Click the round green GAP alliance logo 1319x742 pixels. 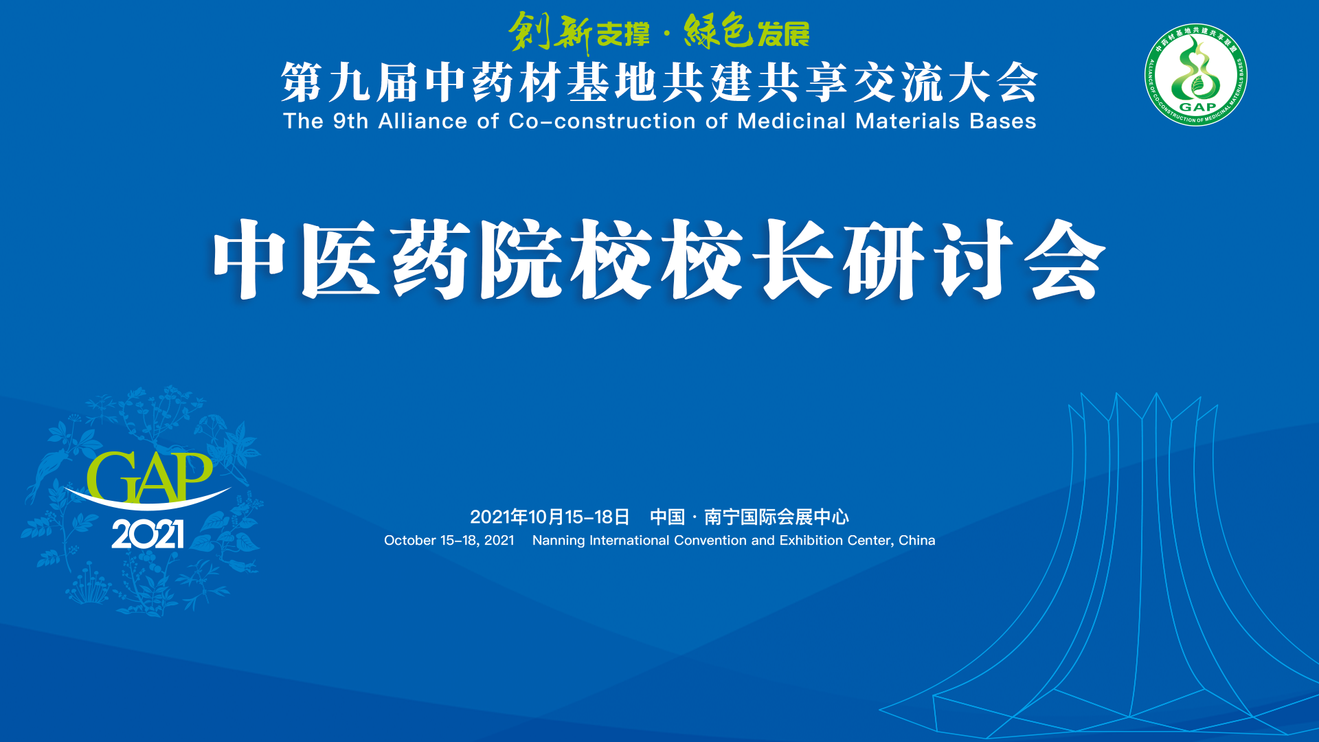[x=1196, y=75]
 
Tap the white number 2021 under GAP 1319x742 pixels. [x=148, y=534]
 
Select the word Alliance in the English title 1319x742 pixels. [x=422, y=121]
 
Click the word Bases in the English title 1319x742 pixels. [x=1003, y=121]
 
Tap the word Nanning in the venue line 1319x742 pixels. [x=559, y=541]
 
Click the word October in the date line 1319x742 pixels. [x=410, y=540]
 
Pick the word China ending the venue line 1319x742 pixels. [x=917, y=540]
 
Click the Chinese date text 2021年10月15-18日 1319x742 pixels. [x=550, y=517]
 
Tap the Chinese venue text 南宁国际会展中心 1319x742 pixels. [x=776, y=517]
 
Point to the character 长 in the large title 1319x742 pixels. [x=793, y=259]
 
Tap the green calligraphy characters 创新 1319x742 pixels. [x=550, y=32]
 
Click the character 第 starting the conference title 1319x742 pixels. [x=302, y=82]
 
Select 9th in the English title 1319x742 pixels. [x=350, y=121]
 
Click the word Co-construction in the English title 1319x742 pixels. [x=602, y=121]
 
